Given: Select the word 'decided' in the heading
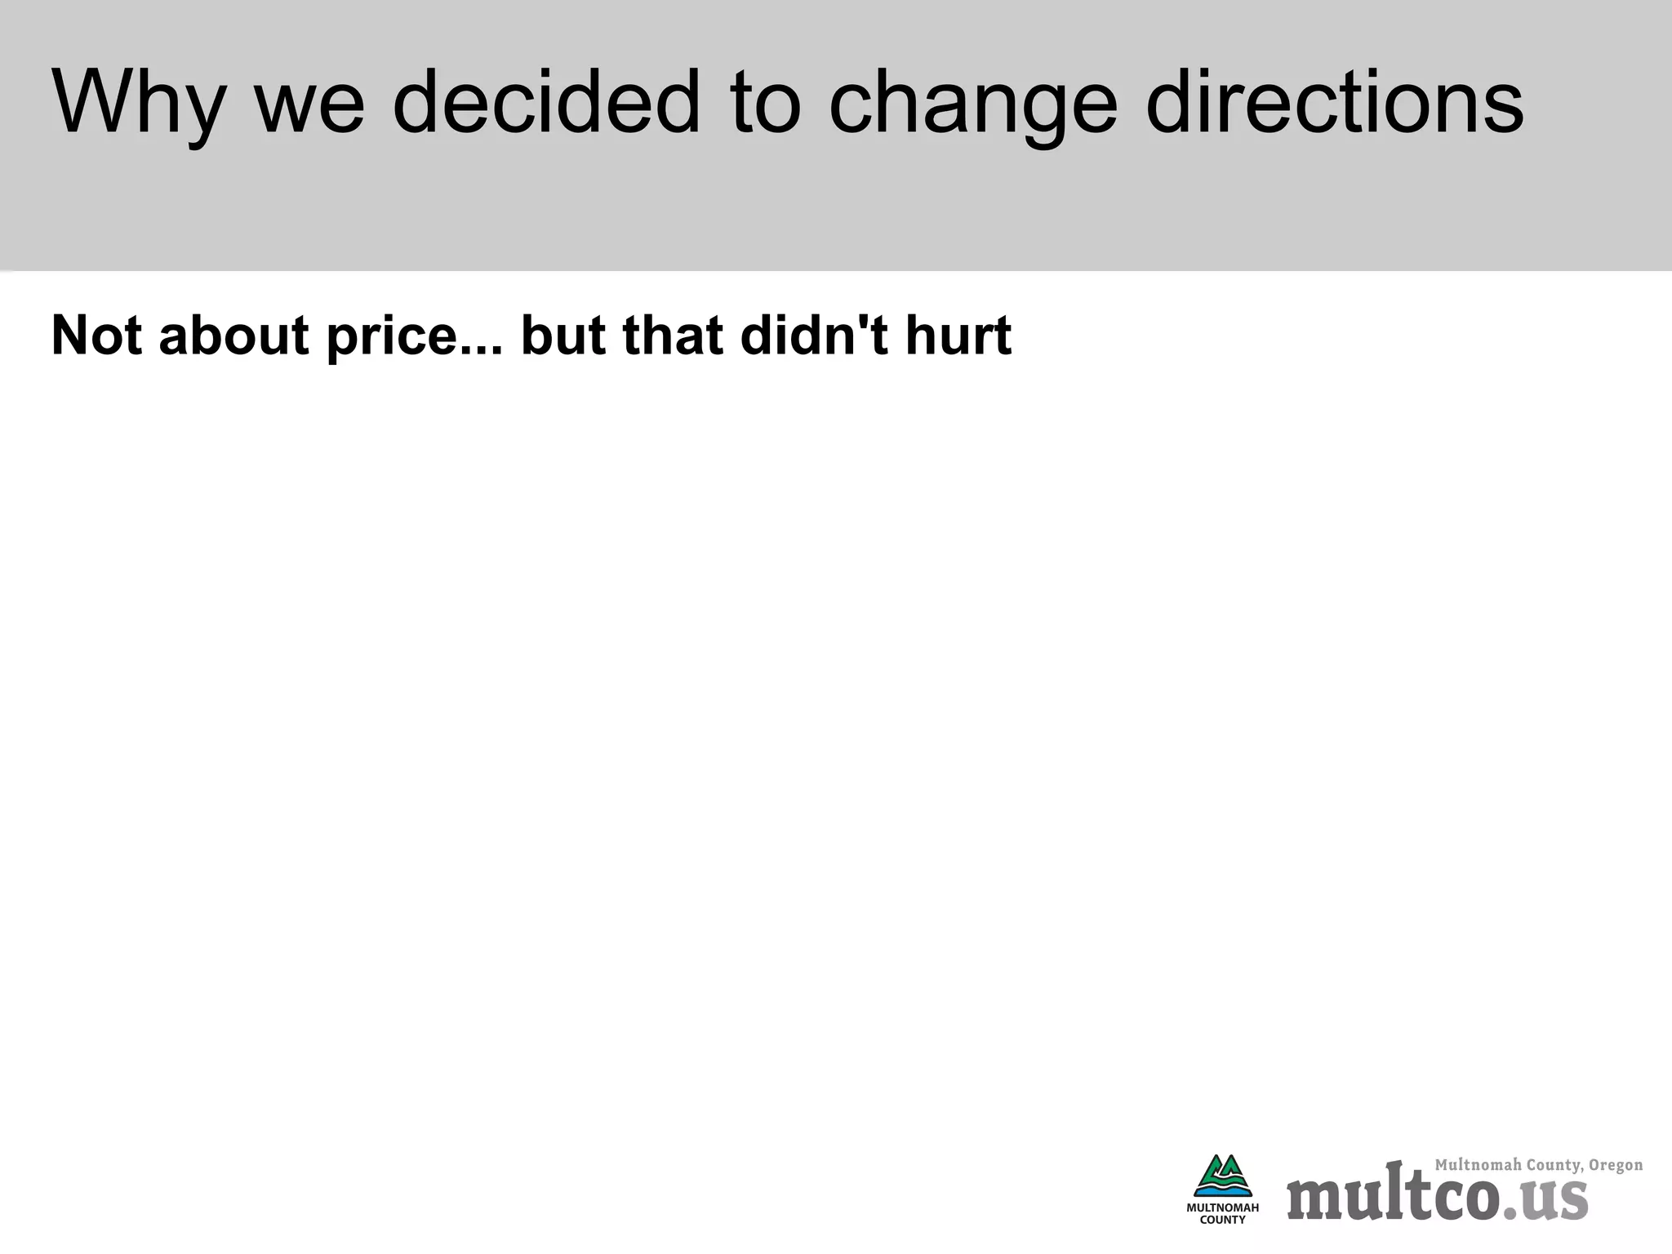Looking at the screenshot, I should [x=546, y=103].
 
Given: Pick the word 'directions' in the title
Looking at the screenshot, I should [x=1334, y=103].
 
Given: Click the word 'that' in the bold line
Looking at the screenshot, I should [x=673, y=335].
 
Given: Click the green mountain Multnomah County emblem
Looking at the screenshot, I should [x=1222, y=1176].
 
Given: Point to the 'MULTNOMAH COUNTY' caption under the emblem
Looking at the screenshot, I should [x=1222, y=1213].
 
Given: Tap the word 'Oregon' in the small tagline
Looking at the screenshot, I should [x=1616, y=1165].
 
